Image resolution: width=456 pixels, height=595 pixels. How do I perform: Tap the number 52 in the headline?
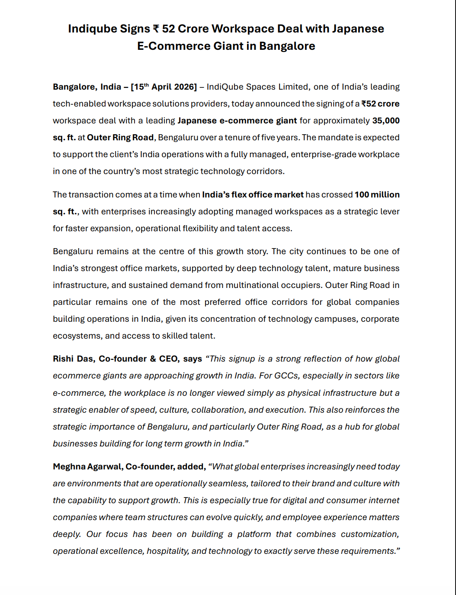(x=168, y=29)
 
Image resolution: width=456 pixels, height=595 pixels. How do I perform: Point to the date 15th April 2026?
(x=164, y=87)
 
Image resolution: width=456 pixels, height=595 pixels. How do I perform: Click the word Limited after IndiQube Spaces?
(x=293, y=87)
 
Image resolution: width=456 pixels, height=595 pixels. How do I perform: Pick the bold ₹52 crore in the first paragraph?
(x=380, y=104)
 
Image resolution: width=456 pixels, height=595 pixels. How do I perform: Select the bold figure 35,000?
(x=386, y=121)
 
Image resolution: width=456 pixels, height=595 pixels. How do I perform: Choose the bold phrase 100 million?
(x=377, y=195)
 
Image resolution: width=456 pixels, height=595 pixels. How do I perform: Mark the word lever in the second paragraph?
(x=390, y=212)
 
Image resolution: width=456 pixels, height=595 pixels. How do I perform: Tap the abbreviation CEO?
(x=168, y=359)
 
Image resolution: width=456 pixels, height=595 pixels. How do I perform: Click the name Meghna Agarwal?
(x=87, y=467)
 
